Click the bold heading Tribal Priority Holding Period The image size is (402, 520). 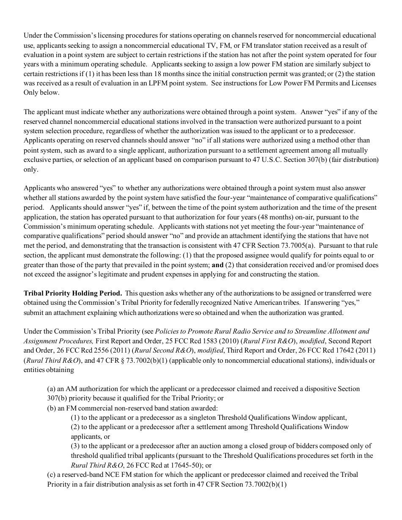[73, 293]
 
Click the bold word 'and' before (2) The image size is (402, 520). [218, 265]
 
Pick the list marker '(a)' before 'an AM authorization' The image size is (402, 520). [52, 389]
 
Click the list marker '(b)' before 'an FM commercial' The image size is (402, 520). [52, 408]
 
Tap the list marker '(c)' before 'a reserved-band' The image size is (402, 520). [52, 474]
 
